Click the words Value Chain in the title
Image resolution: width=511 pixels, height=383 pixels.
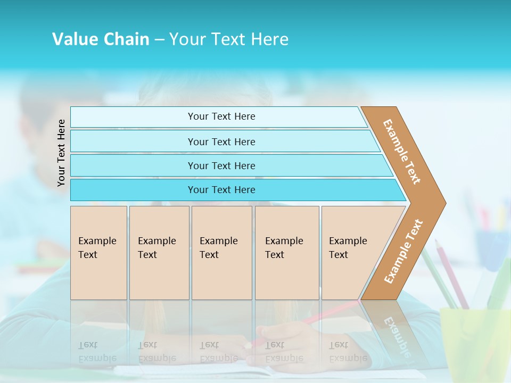[x=101, y=39]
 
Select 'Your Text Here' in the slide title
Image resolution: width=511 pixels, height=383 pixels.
[x=229, y=39]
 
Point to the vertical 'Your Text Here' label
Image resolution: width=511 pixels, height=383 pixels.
[x=61, y=153]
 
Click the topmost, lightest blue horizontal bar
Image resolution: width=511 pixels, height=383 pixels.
[x=221, y=116]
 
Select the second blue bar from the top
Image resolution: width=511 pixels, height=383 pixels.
[x=221, y=141]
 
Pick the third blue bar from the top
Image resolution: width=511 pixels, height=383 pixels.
[x=221, y=165]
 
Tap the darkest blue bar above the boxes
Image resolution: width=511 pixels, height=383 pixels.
[x=221, y=190]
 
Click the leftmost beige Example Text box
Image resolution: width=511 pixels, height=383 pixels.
[x=98, y=253]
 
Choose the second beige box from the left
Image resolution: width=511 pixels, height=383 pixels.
[x=159, y=253]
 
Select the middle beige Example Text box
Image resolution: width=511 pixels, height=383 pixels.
[x=221, y=253]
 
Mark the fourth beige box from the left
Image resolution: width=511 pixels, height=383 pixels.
[x=287, y=253]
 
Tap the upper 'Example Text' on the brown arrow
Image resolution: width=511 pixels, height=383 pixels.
[x=402, y=152]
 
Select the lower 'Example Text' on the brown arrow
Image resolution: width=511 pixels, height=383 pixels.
[x=403, y=251]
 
